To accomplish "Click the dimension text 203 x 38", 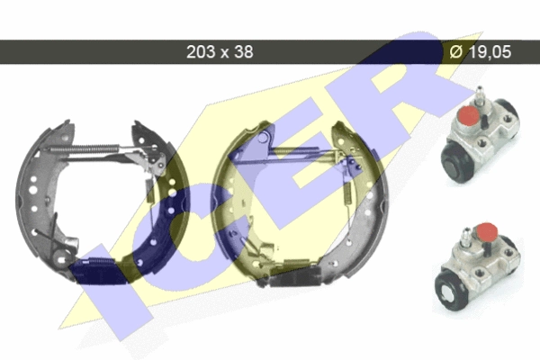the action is [x=220, y=52].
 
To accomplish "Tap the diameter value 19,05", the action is [x=490, y=52].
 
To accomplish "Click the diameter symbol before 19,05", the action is [x=456, y=52].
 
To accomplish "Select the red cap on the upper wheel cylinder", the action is [x=469, y=115].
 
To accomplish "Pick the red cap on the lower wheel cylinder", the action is [x=486, y=232].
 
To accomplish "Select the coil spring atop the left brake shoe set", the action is [x=85, y=148].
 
